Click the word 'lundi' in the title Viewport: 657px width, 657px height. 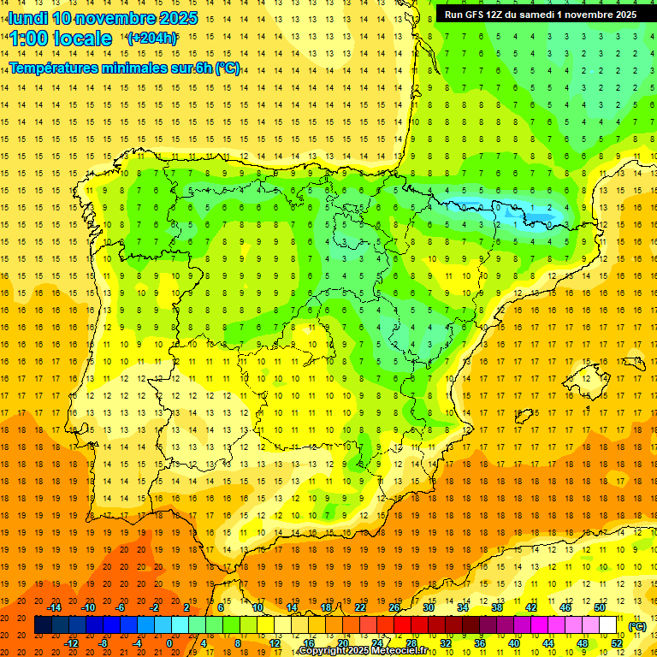tap(27, 18)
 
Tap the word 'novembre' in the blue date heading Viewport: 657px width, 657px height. tap(118, 18)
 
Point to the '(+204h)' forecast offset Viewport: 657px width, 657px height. tap(152, 38)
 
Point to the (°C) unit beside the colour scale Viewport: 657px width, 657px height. tap(637, 626)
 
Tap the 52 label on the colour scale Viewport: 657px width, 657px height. tap(617, 642)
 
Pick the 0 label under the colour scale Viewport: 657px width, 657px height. tap(169, 642)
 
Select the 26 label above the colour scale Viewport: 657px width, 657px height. tap(394, 607)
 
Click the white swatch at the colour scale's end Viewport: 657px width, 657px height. tap(608, 625)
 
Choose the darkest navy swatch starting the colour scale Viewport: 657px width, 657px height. tap(43, 625)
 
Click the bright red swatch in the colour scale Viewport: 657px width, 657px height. tap(403, 625)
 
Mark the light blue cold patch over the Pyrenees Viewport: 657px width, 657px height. tap(505, 209)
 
